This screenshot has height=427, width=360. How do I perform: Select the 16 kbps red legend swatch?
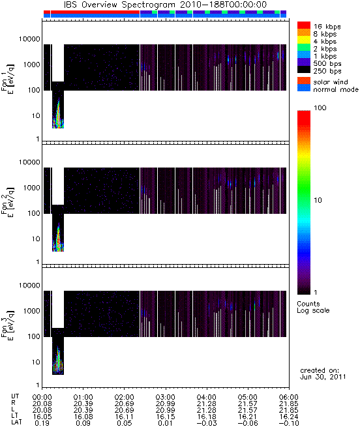[304, 25]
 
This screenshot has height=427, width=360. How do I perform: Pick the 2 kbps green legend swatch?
[304, 48]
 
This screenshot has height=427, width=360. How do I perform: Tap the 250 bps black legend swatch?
[304, 70]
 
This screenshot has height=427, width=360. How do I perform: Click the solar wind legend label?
[330, 82]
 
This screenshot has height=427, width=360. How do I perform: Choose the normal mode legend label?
[336, 89]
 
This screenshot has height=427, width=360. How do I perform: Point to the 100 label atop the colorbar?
[320, 108]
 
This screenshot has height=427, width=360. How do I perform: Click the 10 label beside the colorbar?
[318, 200]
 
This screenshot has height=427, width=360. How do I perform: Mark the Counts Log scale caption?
[313, 307]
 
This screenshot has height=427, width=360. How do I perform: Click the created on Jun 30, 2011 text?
[323, 374]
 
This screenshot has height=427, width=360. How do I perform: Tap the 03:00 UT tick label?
[166, 397]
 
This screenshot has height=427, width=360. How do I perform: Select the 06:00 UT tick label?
[289, 397]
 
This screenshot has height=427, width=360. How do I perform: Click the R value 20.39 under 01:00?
[83, 404]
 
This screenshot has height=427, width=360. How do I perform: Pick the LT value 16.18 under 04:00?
[207, 417]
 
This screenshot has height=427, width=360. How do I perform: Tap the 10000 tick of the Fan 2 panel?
[29, 162]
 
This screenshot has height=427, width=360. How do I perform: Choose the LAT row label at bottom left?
[16, 422]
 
